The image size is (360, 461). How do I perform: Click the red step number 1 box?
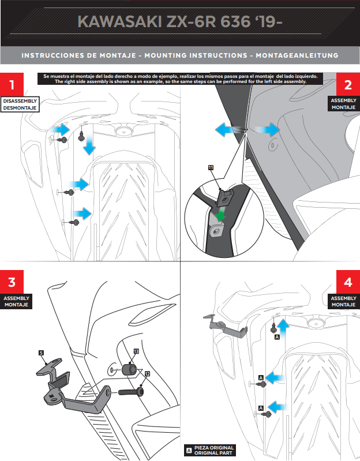coord(12,84)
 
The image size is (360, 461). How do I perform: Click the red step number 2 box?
coord(347,85)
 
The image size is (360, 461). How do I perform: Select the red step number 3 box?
coord(12,283)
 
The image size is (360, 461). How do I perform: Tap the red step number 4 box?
coord(347,283)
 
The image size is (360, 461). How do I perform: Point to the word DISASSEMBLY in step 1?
coord(19,101)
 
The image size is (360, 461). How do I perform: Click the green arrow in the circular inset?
coord(219,215)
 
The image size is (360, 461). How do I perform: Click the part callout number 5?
coord(41,352)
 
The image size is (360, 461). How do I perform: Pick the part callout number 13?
coord(136,351)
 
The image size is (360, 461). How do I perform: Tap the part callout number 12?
coord(147,374)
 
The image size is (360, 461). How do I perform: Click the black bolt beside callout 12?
coord(132,392)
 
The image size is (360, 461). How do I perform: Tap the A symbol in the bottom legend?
coord(187,451)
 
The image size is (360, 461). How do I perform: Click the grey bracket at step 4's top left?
coord(226,327)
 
